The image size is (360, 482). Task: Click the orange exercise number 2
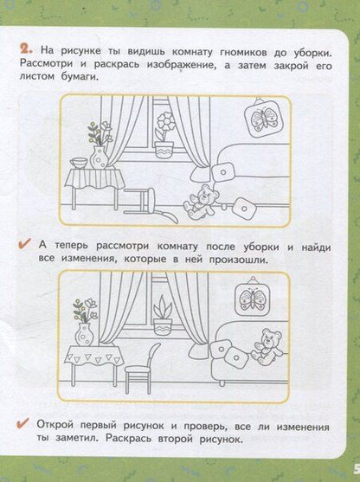[27, 50]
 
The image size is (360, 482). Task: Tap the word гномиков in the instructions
[243, 52]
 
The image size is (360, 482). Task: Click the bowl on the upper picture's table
[79, 163]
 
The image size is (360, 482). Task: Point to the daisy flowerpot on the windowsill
[164, 135]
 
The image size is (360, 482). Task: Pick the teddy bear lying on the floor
[201, 202]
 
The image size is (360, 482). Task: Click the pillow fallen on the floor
[243, 209]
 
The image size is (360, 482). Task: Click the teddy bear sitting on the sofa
[267, 346]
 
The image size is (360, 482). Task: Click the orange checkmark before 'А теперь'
[24, 243]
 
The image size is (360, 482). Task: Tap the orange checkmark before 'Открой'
[23, 423]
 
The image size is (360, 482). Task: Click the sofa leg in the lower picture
[222, 382]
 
